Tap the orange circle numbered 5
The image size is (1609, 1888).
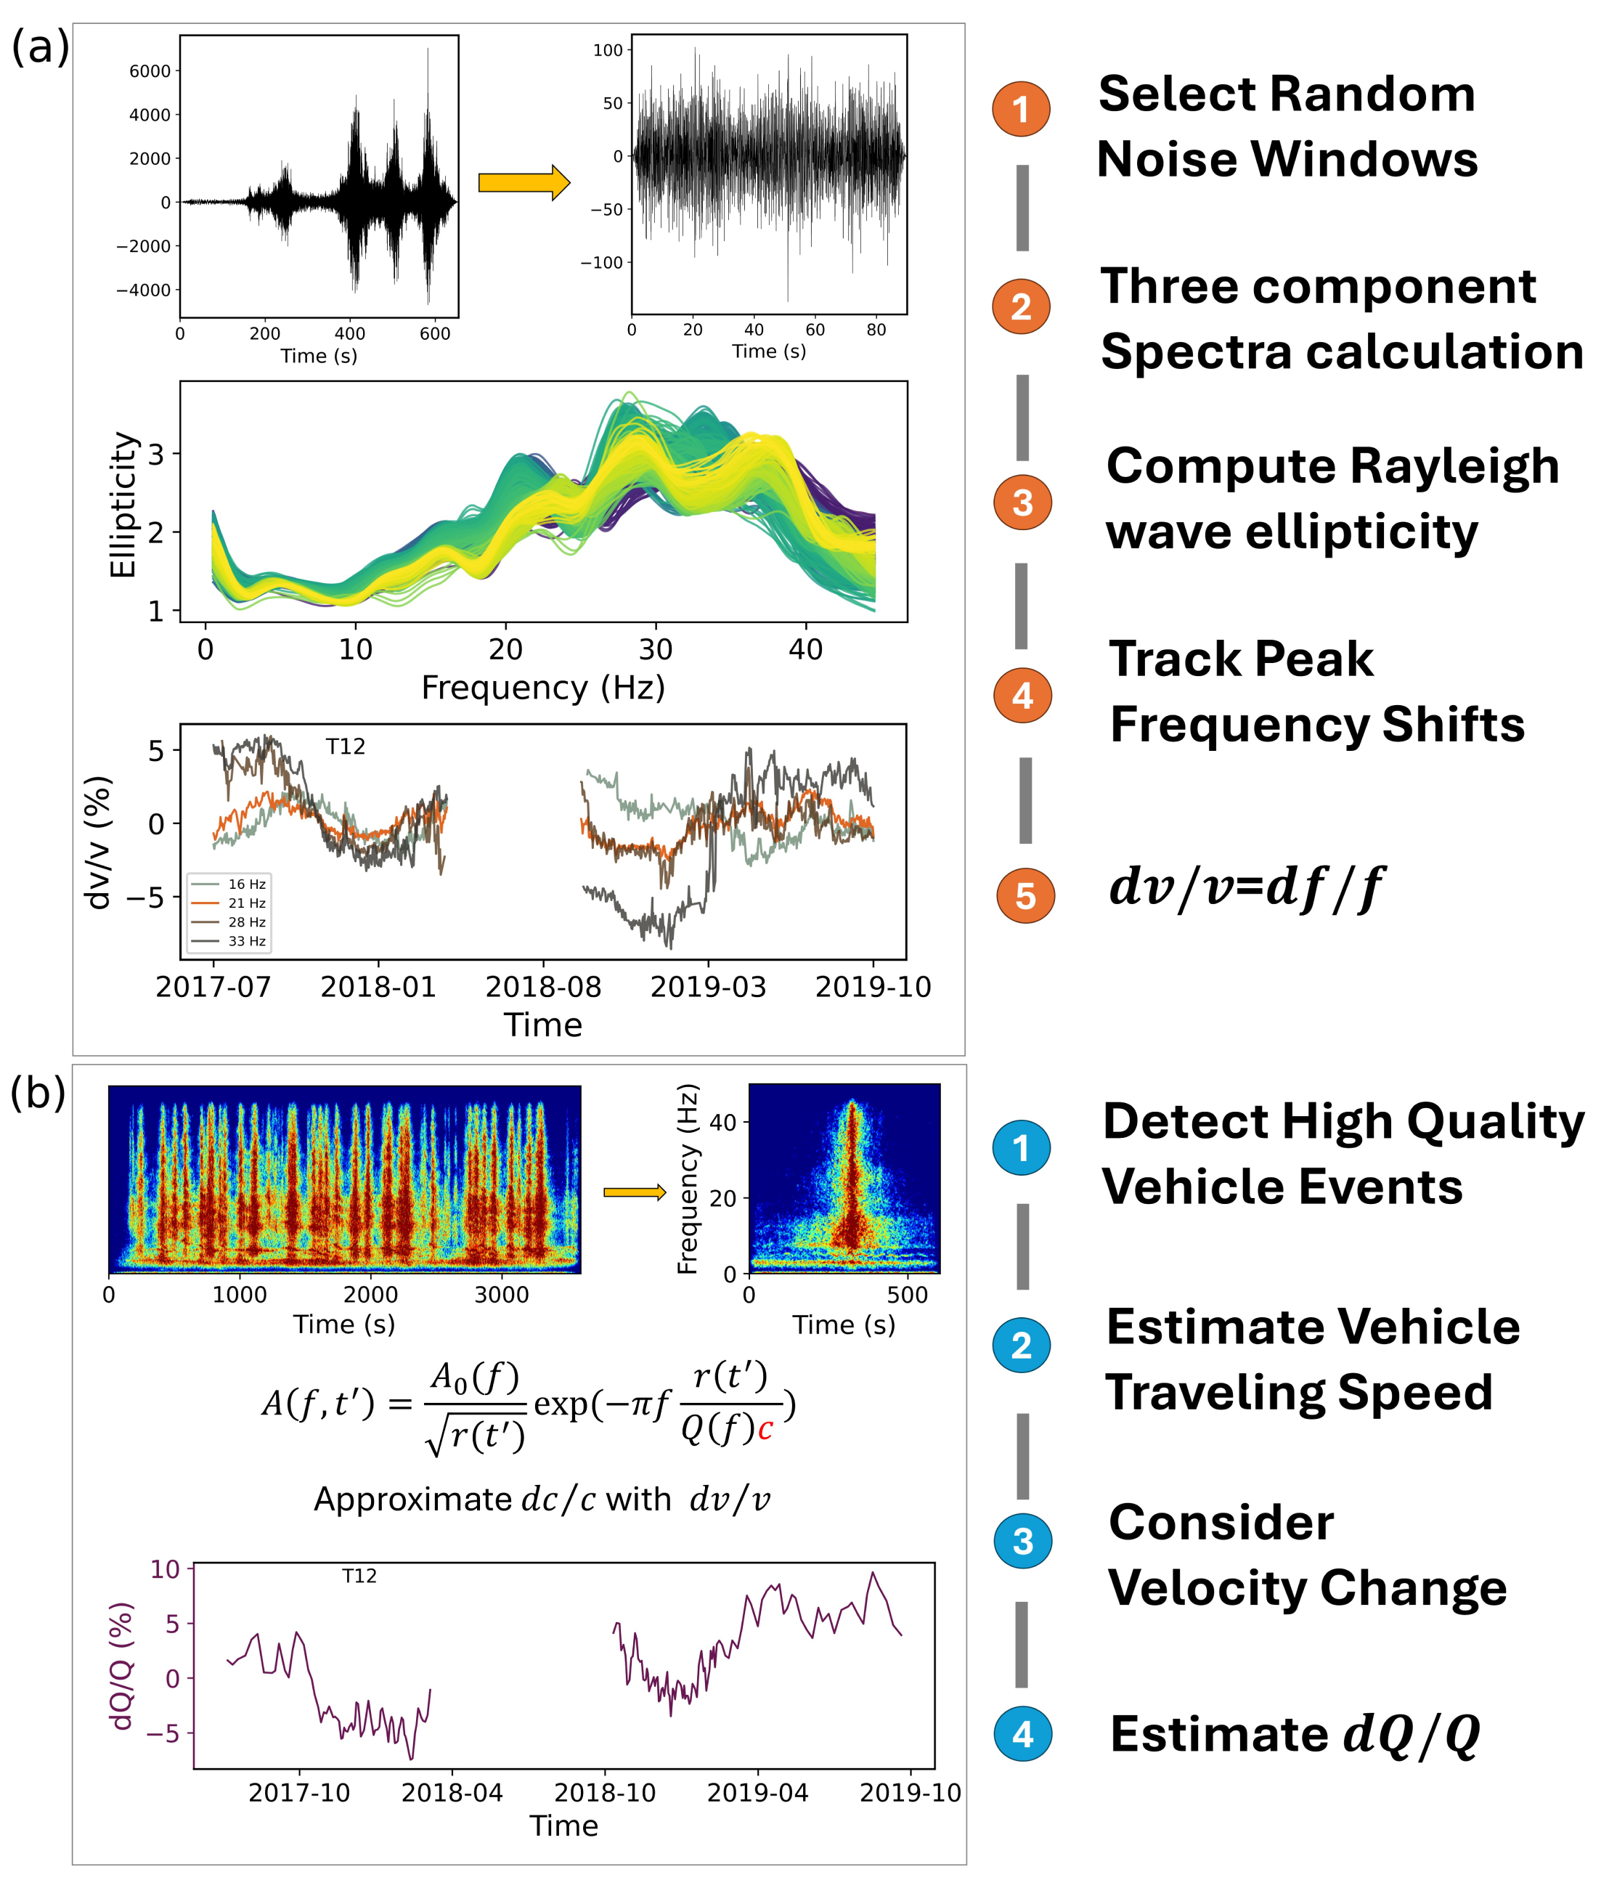(1025, 895)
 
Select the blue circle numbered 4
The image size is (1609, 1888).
(1022, 1733)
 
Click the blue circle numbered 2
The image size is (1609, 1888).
(1022, 1346)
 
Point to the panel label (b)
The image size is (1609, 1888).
(38, 1091)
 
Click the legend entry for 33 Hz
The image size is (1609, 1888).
(228, 941)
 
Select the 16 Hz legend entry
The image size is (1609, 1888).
(228, 884)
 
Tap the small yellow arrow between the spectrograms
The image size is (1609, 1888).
(635, 1193)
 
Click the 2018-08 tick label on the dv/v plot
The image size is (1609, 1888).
(543, 987)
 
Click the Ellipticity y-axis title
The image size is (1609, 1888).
(123, 505)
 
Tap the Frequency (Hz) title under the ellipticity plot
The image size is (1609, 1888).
(543, 688)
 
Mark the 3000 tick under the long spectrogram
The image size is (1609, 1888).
(501, 1295)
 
